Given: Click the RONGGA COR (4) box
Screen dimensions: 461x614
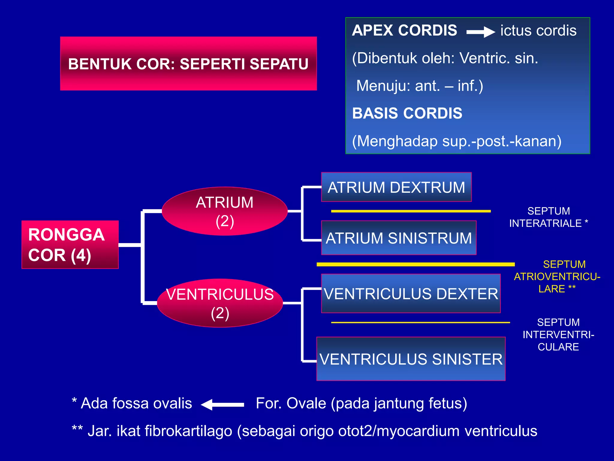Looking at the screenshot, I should pyautogui.click(x=70, y=245).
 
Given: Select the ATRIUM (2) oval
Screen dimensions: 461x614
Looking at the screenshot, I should pyautogui.click(x=225, y=211).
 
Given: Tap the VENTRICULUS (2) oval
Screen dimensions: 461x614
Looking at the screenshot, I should pyautogui.click(x=220, y=303).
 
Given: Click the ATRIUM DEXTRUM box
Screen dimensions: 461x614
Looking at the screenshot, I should pyautogui.click(x=396, y=187).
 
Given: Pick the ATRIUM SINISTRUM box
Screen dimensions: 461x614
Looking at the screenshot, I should pyautogui.click(x=398, y=238).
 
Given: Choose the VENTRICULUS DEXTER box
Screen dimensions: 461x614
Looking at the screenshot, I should pyautogui.click(x=411, y=294).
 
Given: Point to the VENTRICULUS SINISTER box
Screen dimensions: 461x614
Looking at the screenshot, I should pyautogui.click(x=411, y=359).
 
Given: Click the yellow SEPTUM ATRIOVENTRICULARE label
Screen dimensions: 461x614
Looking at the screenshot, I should pyautogui.click(x=557, y=276).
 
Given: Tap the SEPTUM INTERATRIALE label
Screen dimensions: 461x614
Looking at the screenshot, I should pyautogui.click(x=548, y=217).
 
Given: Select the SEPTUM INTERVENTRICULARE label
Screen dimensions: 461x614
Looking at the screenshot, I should pyautogui.click(x=558, y=334).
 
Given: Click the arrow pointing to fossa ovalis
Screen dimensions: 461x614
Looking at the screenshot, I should pyautogui.click(x=222, y=405).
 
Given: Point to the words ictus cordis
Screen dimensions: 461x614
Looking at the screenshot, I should pyautogui.click(x=538, y=31).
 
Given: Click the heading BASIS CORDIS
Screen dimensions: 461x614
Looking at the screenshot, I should pyautogui.click(x=407, y=113).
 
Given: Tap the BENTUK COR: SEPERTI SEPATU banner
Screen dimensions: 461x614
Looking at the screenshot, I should pyautogui.click(x=188, y=64).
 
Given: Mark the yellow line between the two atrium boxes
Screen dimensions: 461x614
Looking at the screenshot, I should pyautogui.click(x=411, y=211).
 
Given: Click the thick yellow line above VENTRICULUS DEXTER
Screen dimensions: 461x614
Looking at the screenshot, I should pyautogui.click(x=416, y=264).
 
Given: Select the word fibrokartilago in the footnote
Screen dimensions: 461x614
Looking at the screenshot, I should pyautogui.click(x=188, y=431).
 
